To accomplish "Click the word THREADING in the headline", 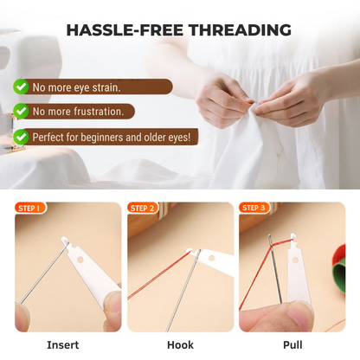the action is click(240, 29).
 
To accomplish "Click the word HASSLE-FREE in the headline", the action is click(125, 29).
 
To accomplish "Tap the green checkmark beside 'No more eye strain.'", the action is click(21, 87).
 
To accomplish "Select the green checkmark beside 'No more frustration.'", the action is click(21, 111).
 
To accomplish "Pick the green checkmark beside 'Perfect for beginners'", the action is click(21, 137).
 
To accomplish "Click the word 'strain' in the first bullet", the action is click(105, 87).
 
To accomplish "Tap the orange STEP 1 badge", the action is click(29, 208).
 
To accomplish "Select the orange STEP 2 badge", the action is click(142, 208).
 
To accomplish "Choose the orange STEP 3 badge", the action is click(254, 208).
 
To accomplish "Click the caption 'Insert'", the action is click(63, 344).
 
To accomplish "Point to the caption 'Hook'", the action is click(180, 344).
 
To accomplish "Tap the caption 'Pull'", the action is click(292, 344).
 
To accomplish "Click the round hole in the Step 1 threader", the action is click(80, 260).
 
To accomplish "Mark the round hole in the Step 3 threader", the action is click(295, 260).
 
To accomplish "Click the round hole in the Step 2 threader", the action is click(212, 258).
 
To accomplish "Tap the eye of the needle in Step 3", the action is click(270, 240).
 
